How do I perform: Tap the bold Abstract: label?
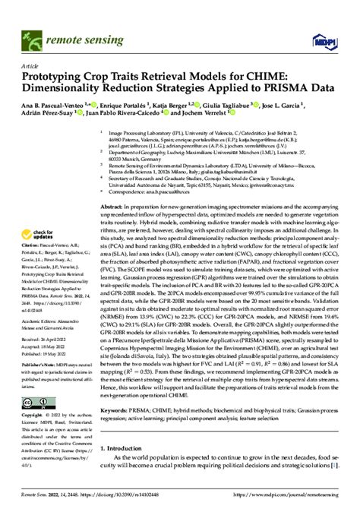pyautogui.click(x=113, y=207)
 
